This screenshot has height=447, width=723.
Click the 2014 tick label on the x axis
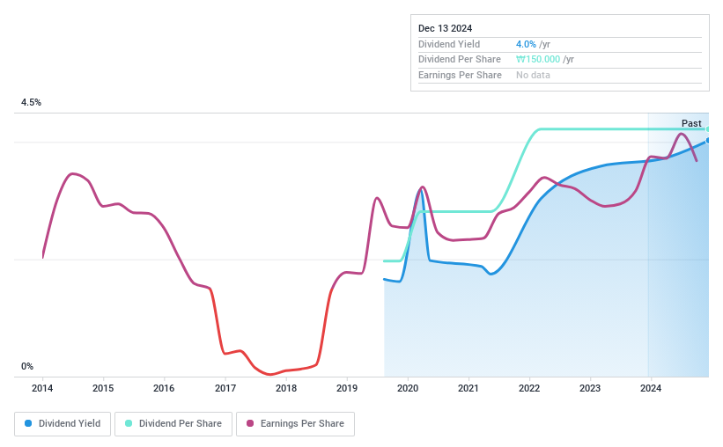(42, 388)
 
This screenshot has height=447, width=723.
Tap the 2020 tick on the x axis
(407, 388)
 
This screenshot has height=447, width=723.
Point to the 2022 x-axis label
(528, 388)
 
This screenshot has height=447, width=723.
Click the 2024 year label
(650, 388)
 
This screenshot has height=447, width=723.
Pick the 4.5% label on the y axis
(32, 103)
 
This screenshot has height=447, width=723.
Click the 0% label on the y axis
(27, 367)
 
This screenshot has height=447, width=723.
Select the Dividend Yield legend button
(63, 423)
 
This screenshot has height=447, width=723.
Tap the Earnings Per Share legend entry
(295, 423)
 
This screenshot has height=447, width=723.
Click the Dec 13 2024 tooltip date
(445, 28)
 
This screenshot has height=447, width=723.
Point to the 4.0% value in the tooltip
(525, 44)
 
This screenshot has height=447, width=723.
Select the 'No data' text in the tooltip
(534, 76)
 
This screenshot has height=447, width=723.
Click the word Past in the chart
(691, 123)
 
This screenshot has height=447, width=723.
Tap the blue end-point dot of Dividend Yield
(707, 140)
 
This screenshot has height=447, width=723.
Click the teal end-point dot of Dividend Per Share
(707, 129)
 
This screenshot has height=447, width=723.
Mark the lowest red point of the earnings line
(270, 374)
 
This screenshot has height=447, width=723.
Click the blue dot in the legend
(29, 423)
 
